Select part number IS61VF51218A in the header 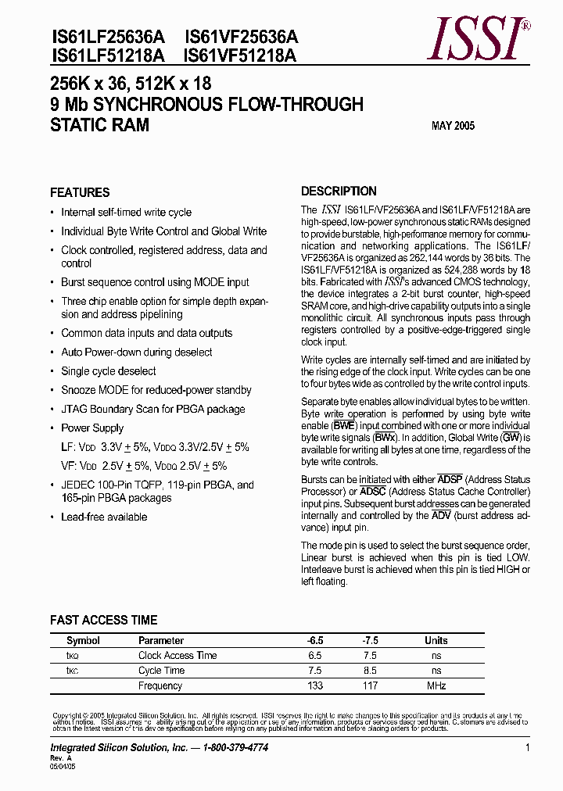(x=241, y=55)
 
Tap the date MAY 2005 (x=453, y=126)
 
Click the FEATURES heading (x=80, y=192)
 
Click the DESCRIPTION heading (x=339, y=191)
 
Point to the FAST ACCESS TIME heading (x=103, y=621)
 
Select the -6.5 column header (x=315, y=640)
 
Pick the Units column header (x=436, y=640)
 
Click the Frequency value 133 (x=315, y=685)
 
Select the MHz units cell (x=436, y=685)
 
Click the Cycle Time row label (x=161, y=671)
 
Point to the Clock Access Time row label (x=178, y=655)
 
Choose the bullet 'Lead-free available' (x=104, y=517)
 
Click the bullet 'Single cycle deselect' (x=109, y=371)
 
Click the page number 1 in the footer (x=528, y=748)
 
